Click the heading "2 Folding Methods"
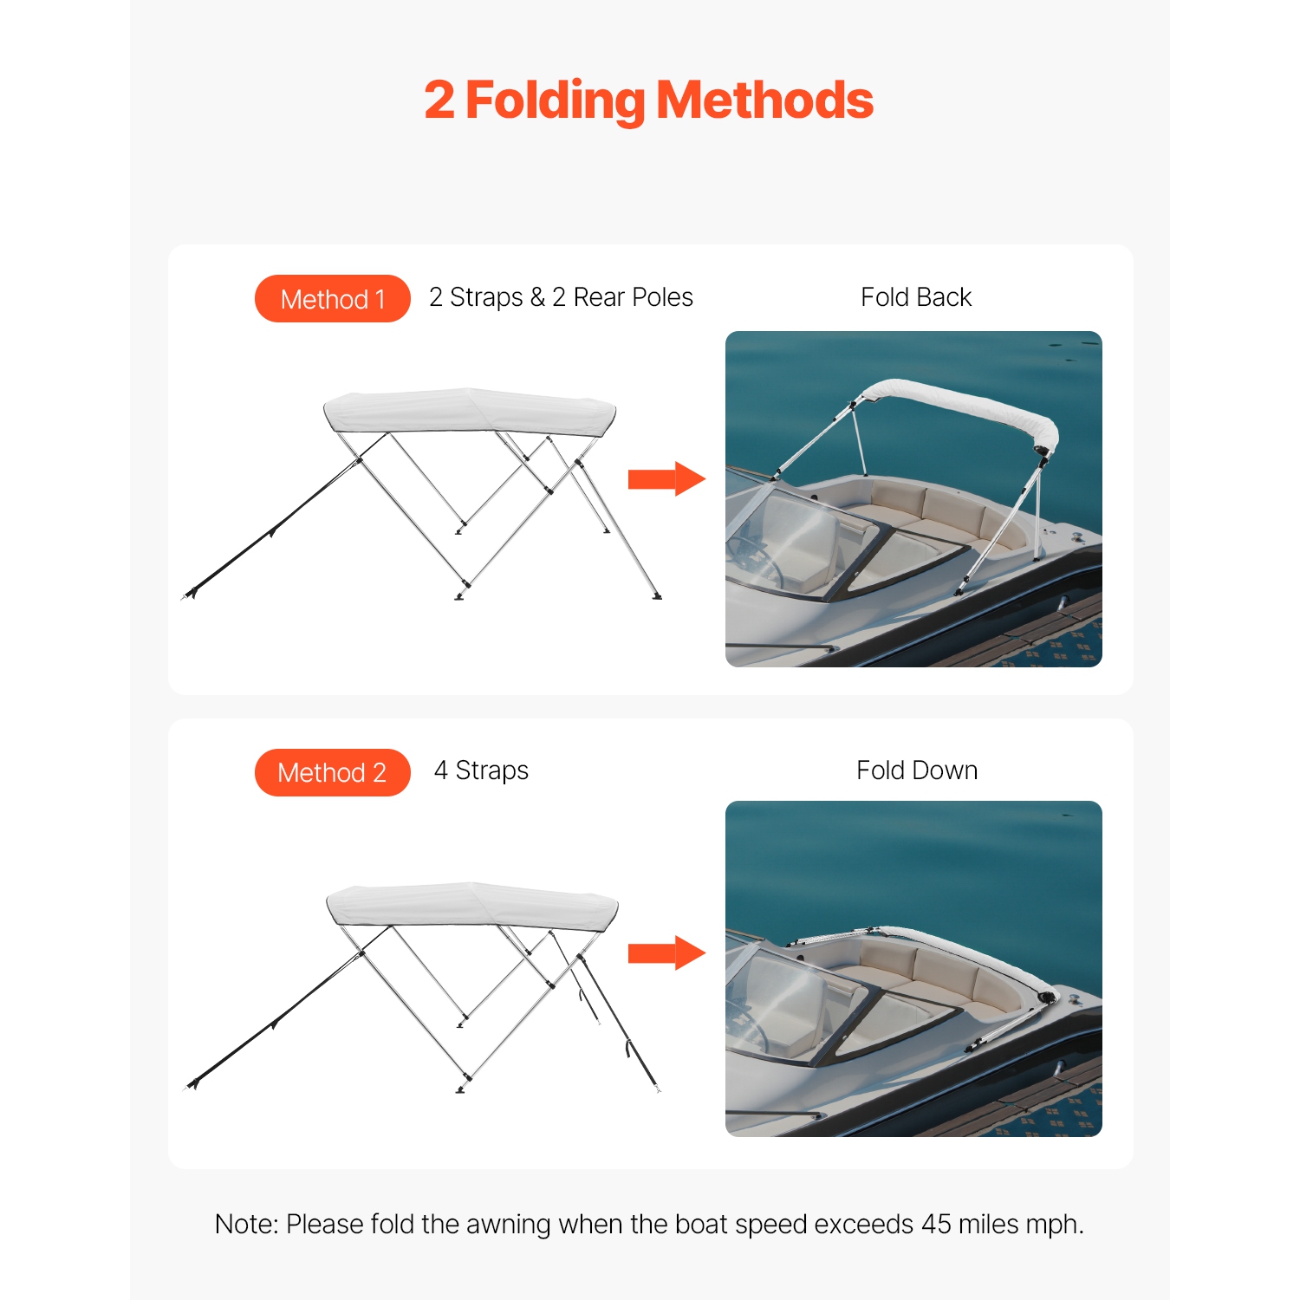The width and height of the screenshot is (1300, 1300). pyautogui.click(x=648, y=101)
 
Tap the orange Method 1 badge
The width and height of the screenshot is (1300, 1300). pyautogui.click(x=332, y=299)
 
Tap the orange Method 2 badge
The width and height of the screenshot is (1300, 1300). pyautogui.click(x=332, y=772)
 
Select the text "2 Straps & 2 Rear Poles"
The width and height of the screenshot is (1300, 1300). pyautogui.click(x=561, y=297)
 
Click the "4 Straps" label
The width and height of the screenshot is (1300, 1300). pyautogui.click(x=481, y=770)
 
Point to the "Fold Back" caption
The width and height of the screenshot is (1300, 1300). pyautogui.click(x=915, y=297)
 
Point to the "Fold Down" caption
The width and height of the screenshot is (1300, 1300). pyautogui.click(x=916, y=770)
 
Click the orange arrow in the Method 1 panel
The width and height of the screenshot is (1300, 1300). pyautogui.click(x=666, y=478)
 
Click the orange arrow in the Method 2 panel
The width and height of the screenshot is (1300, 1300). pyautogui.click(x=666, y=952)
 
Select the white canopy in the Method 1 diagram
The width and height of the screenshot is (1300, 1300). pyautogui.click(x=468, y=411)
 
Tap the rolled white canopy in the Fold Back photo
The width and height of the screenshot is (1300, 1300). pyautogui.click(x=962, y=404)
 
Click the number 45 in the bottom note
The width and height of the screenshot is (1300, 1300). pyautogui.click(x=936, y=1224)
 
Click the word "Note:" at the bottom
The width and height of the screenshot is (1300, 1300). pyautogui.click(x=246, y=1224)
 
